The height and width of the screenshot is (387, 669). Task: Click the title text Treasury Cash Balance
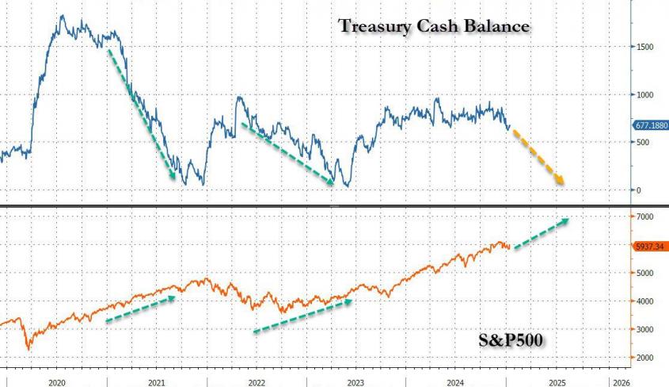coord(434,26)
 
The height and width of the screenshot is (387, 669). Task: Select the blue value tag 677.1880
coord(650,125)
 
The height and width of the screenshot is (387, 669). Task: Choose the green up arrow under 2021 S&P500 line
coord(139,308)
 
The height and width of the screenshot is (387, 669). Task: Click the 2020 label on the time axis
coord(56,381)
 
